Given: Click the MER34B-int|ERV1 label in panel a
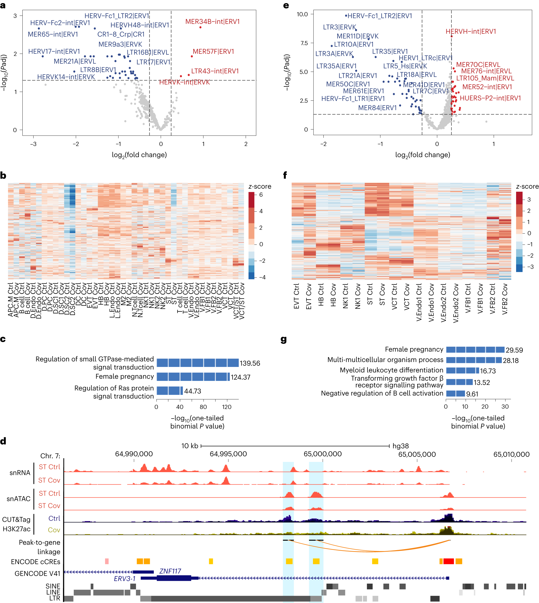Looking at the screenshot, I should tap(212, 22).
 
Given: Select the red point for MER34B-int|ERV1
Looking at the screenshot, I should tap(200, 27).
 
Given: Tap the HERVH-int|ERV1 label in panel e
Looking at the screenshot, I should tap(471, 31).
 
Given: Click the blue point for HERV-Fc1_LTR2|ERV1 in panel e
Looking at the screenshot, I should tap(346, 16).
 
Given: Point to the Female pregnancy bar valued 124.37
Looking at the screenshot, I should tap(193, 377).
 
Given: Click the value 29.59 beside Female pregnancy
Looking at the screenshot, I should tap(514, 350).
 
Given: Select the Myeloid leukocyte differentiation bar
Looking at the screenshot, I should tap(462, 370).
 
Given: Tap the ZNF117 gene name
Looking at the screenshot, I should tap(170, 571).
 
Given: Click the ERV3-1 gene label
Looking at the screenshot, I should tap(125, 578).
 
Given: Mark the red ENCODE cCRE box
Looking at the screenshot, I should tap(448, 561).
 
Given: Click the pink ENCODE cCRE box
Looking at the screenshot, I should tap(107, 561).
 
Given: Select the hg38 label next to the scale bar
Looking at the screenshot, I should tap(400, 446).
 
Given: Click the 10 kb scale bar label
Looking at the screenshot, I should tap(189, 446).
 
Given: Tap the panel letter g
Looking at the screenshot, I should tap(283, 339).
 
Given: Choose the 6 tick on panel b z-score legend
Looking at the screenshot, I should tap(261, 195).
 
